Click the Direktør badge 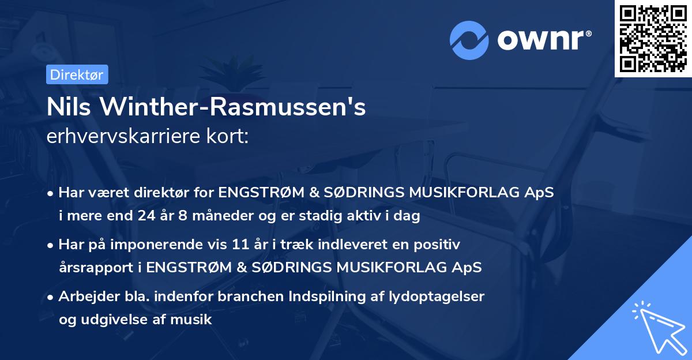click(x=77, y=74)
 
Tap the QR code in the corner click(x=653, y=38)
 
